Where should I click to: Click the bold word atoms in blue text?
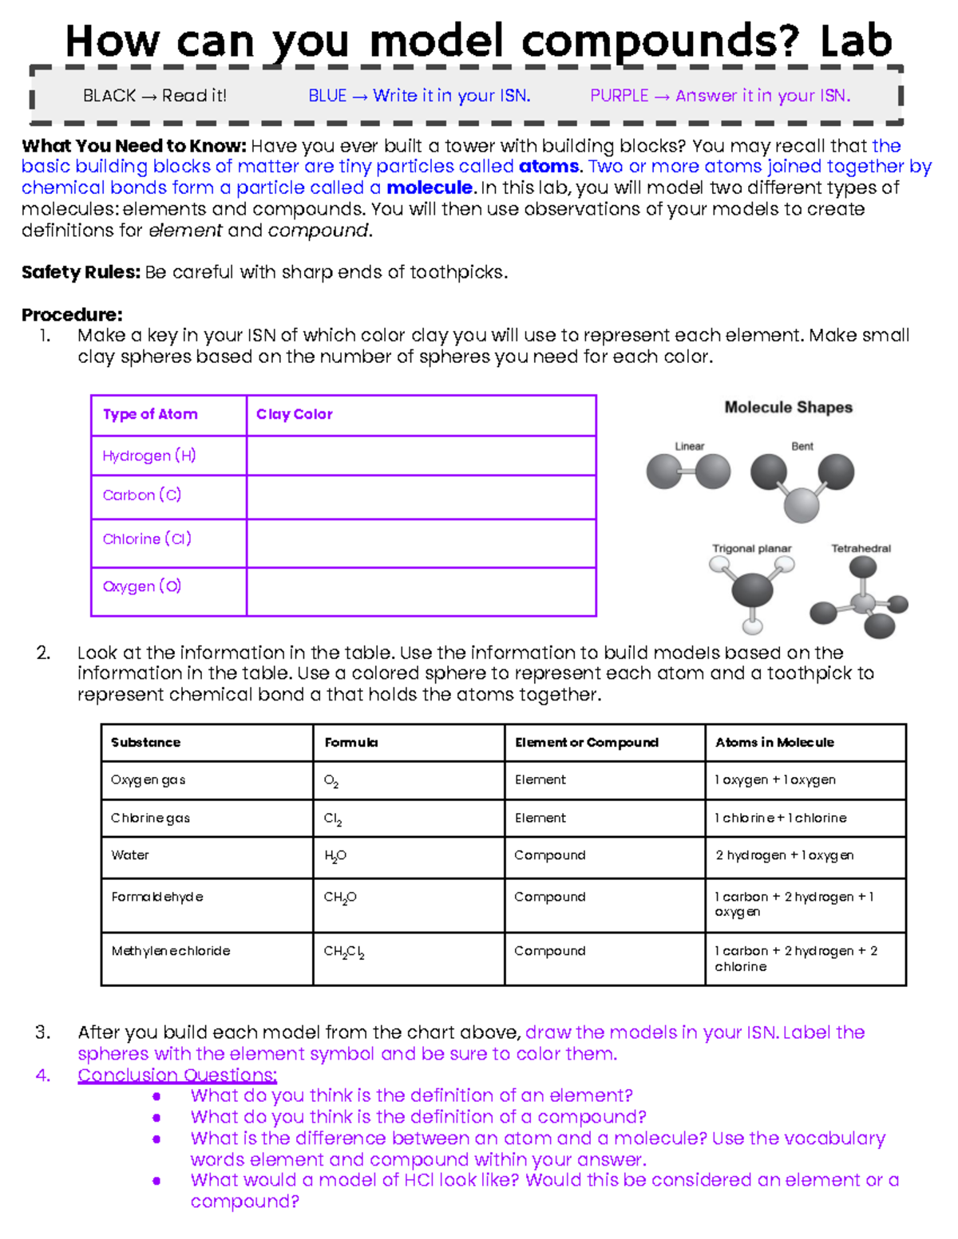(548, 167)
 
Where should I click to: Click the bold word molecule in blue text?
(430, 188)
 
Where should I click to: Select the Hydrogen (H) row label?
(149, 456)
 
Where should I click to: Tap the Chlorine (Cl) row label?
(147, 539)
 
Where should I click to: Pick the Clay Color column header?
(294, 414)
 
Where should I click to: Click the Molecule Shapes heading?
(788, 408)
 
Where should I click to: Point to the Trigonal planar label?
(751, 549)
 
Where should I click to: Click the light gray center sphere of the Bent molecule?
(802, 504)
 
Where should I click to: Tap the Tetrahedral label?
(861, 549)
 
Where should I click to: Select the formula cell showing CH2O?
(340, 898)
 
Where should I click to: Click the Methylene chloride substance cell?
(171, 951)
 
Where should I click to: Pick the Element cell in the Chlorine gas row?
(540, 818)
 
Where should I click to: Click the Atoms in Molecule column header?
(774, 743)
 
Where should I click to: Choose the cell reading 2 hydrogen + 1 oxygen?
(785, 855)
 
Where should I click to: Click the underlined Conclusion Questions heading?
(177, 1075)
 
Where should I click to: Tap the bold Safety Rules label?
(81, 273)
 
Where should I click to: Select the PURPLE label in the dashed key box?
(619, 96)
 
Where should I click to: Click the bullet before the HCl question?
(156, 1181)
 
